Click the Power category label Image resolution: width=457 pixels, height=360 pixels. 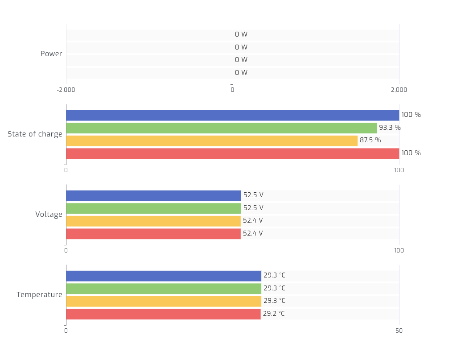(51, 54)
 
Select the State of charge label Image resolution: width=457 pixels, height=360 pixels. (35, 134)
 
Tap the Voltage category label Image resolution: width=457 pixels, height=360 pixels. (49, 215)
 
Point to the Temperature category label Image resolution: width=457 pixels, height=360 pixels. (39, 295)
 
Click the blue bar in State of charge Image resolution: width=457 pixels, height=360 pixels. (232, 116)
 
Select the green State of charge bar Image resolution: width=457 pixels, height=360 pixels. (221, 128)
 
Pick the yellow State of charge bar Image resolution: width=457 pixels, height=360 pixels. (212, 141)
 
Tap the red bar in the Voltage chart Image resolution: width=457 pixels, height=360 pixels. (153, 234)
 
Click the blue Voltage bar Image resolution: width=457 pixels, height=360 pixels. (153, 196)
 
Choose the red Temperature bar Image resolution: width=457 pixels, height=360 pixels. (163, 314)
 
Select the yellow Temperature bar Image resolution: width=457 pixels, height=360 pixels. (164, 302)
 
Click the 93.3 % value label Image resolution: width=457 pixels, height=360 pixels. (390, 128)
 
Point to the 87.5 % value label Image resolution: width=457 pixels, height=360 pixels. (370, 140)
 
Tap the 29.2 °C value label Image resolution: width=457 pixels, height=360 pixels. (273, 314)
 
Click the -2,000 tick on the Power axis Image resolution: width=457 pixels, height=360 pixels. (66, 90)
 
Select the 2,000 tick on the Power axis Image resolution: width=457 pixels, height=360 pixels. (399, 90)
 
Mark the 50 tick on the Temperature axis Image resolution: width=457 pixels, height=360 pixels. (399, 331)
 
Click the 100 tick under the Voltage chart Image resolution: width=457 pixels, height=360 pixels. (399, 250)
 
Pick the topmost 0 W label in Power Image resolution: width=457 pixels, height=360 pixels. (241, 34)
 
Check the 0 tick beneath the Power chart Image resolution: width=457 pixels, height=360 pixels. (232, 90)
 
